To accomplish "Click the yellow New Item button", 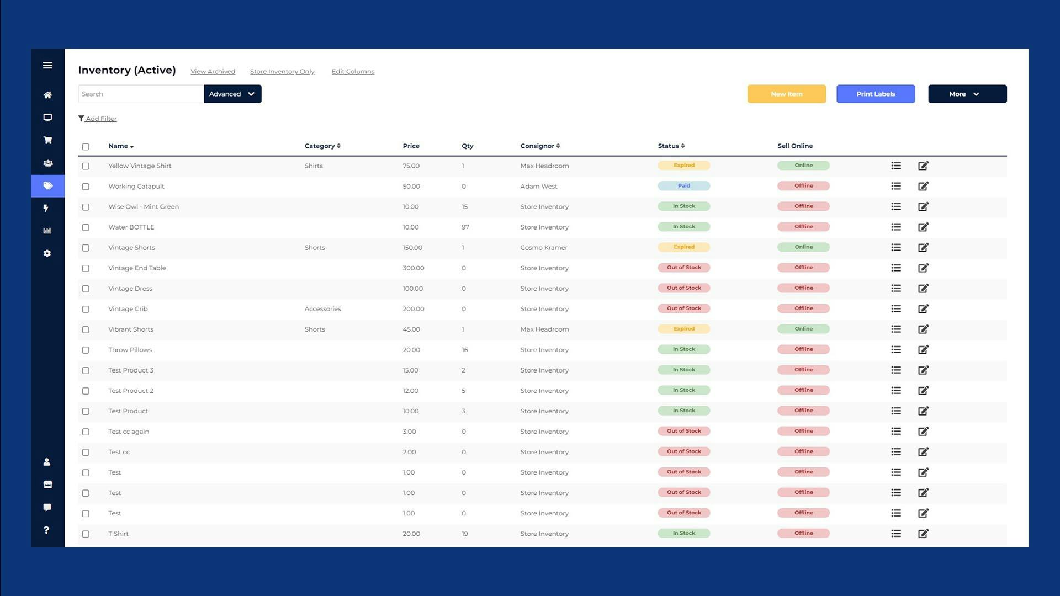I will tap(786, 94).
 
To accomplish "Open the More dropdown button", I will tap(967, 94).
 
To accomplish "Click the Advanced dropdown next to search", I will tap(232, 94).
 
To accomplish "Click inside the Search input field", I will tap(141, 94).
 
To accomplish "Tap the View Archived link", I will tap(213, 72).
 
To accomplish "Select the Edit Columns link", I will tap(353, 72).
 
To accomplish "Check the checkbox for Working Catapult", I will tap(86, 187).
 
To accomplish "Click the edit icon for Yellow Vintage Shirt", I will tap(923, 166).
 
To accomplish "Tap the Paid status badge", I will tap(683, 186).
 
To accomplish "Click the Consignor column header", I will tap(539, 146).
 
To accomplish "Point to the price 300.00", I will tap(413, 268).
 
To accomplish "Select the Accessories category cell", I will tap(322, 309).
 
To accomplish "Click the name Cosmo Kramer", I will tap(543, 248).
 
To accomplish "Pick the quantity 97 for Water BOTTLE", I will tap(465, 227).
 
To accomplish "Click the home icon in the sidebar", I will tap(47, 95).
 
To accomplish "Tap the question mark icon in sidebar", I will tap(46, 530).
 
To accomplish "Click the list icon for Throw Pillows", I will tap(895, 349).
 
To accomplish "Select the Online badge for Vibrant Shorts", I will tap(803, 329).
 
